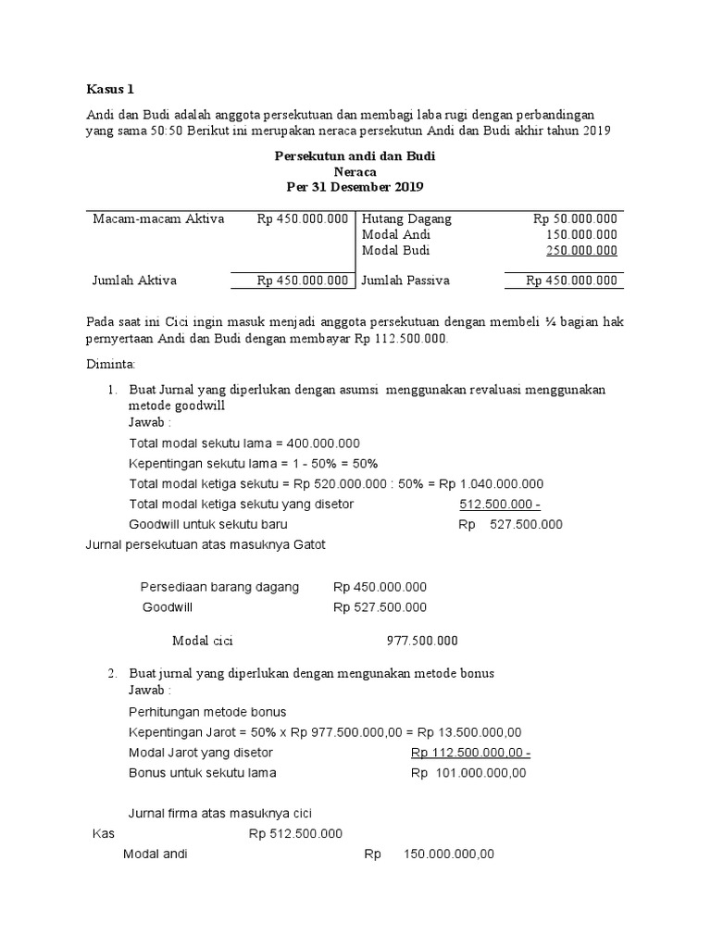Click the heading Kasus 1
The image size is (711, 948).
click(x=110, y=90)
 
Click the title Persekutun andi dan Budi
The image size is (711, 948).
click(x=355, y=156)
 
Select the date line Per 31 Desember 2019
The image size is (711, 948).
click(x=355, y=186)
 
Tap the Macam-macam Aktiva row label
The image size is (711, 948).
click(x=158, y=219)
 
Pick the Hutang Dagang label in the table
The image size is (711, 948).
click(x=406, y=219)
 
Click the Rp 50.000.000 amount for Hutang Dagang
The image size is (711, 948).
click(x=575, y=219)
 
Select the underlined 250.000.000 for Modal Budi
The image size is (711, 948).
click(x=581, y=250)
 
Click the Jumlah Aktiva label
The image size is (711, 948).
click(x=134, y=281)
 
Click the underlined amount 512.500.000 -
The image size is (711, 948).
click(x=500, y=505)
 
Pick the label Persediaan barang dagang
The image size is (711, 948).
click(x=219, y=587)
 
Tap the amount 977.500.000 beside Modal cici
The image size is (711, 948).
click(x=421, y=640)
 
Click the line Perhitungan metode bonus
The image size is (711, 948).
click(x=207, y=712)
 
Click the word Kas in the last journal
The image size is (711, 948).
click(x=102, y=833)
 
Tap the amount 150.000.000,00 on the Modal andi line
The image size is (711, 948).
click(x=449, y=854)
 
